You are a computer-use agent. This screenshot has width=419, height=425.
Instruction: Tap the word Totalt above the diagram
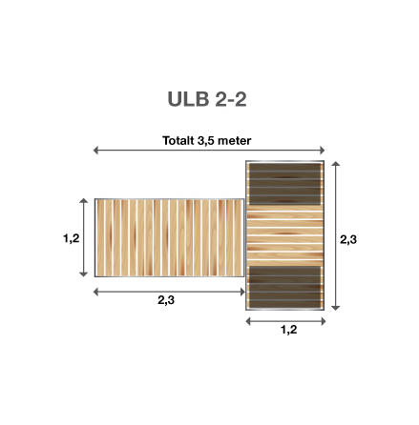[178, 140]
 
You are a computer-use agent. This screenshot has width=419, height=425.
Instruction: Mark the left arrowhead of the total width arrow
[95, 151]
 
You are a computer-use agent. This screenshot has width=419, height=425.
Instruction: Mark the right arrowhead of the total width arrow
[325, 151]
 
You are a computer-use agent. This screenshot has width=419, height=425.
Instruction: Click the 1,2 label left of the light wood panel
[70, 239]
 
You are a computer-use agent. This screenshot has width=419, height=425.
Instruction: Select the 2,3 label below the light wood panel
[166, 300]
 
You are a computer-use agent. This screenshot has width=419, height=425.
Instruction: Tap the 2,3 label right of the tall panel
[348, 239]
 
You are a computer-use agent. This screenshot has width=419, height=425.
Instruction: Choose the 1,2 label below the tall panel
[286, 332]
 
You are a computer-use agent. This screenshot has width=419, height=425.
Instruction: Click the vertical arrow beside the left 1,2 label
[86, 239]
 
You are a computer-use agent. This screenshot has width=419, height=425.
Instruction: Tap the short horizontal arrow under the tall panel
[286, 321]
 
